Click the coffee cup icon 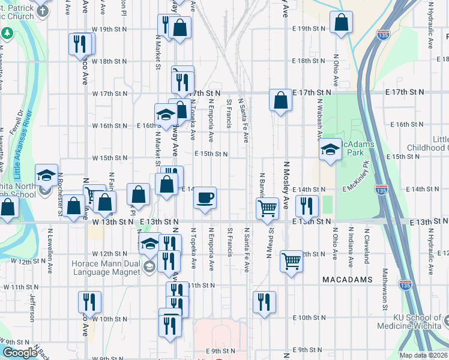click(205, 198)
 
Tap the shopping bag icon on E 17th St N click(280, 100)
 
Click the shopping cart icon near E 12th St click(291, 261)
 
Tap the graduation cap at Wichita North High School click(46, 175)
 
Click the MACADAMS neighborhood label click(347, 280)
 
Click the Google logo click(19, 353)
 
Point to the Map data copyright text click(423, 355)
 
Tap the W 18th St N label click(109, 62)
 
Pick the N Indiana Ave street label click(350, 250)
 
